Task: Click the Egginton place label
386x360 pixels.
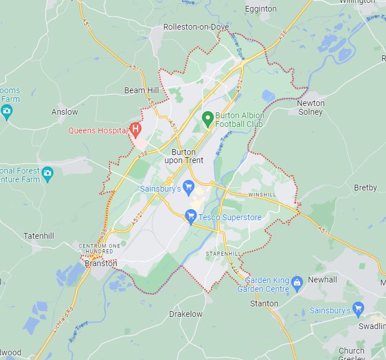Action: coord(261,9)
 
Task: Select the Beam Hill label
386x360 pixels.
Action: coord(141,90)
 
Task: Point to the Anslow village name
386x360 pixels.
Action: coord(64,112)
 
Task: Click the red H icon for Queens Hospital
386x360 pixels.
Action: coord(135,128)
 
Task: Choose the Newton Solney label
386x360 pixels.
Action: coord(311,107)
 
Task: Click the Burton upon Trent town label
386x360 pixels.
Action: coord(183,156)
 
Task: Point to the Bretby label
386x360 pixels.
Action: coord(366,188)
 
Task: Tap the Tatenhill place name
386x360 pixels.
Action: coord(38,236)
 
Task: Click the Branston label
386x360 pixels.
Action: coord(101,263)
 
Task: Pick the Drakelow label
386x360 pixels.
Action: coord(185,314)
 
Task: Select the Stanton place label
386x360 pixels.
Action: coord(264,303)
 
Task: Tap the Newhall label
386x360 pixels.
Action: coord(322,280)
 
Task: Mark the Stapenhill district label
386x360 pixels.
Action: coord(223,254)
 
